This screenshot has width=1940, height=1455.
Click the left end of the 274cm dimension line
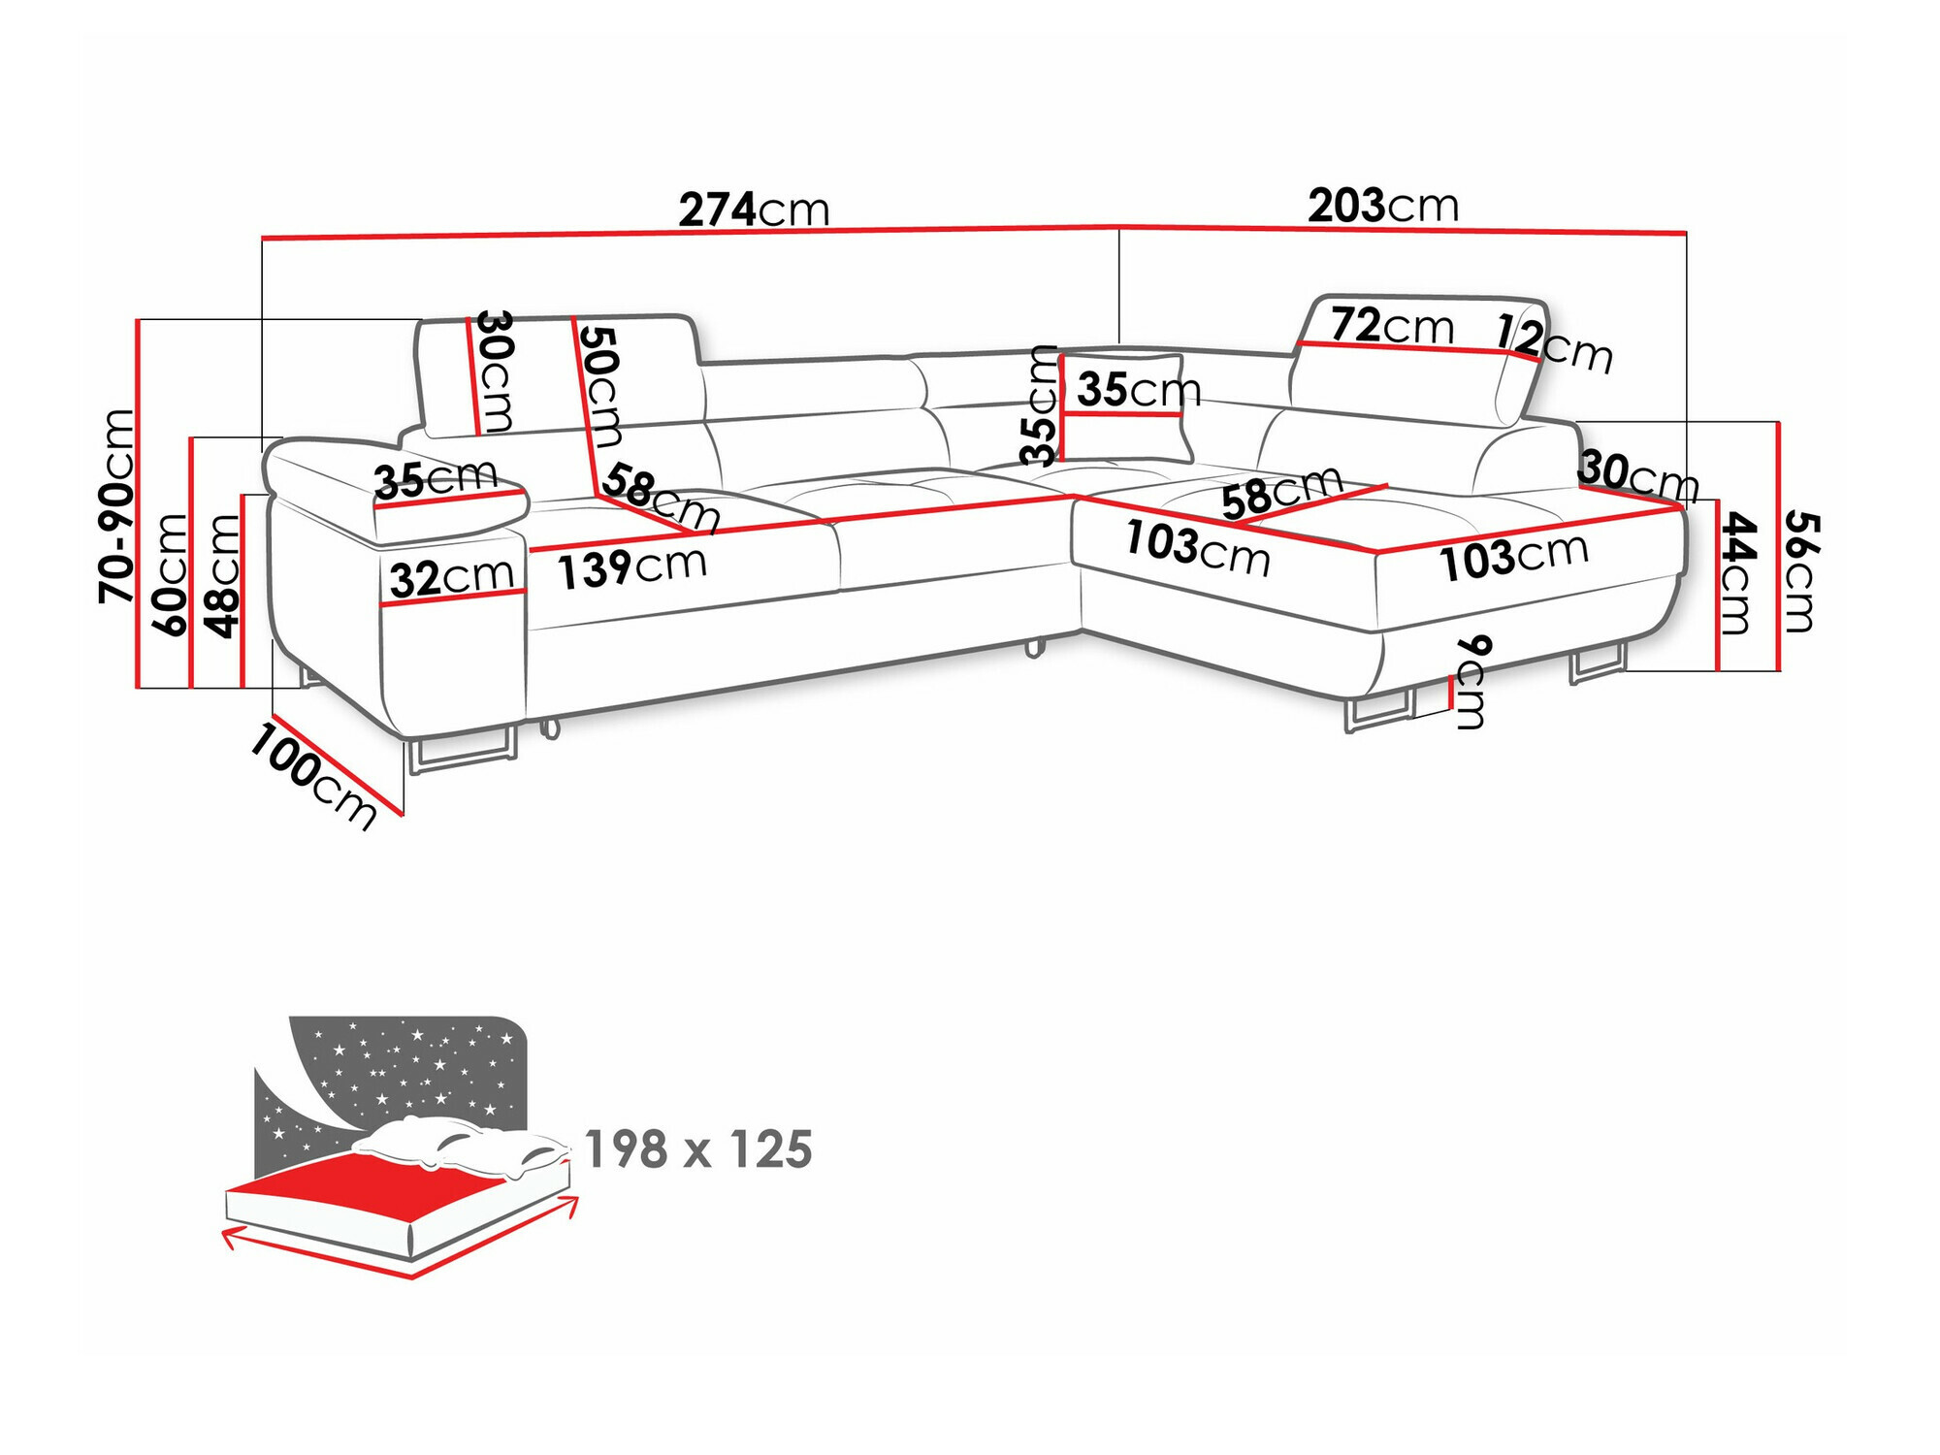[x=262, y=237]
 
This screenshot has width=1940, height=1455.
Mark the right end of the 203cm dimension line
[x=1686, y=233]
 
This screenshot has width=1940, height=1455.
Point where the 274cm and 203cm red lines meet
[x=1119, y=228]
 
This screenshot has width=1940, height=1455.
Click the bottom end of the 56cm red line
[x=1778, y=669]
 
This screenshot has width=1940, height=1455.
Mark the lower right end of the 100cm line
[x=402, y=813]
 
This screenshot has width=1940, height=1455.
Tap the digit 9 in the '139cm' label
[x=617, y=570]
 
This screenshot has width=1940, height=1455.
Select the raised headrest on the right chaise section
[x=1418, y=359]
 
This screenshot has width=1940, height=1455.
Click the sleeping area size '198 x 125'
[x=698, y=1149]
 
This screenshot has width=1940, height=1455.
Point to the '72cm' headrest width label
[x=1392, y=326]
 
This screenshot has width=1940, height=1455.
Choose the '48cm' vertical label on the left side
[x=222, y=575]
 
